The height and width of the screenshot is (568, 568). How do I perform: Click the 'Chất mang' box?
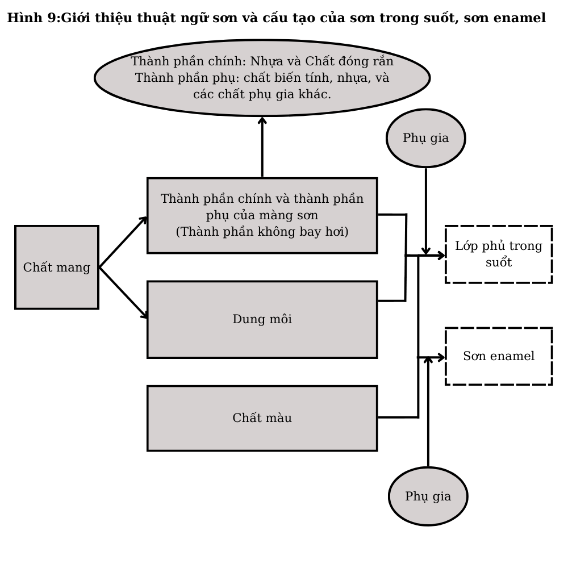[x=57, y=267]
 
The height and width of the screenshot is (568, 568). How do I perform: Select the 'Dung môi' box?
[x=262, y=319]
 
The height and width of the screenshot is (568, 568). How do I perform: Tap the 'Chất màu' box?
[x=262, y=418]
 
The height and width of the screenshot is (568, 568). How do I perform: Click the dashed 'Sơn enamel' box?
[x=498, y=356]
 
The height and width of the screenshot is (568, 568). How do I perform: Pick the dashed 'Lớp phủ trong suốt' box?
[x=498, y=254]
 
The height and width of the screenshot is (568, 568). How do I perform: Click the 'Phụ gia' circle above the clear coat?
[x=425, y=138]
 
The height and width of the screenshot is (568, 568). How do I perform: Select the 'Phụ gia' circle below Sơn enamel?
[x=428, y=496]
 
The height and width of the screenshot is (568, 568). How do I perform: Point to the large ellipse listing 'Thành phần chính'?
[x=262, y=78]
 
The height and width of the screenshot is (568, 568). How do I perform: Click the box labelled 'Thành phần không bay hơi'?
[x=262, y=215]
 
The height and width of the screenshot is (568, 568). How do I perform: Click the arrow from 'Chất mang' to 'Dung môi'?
[x=123, y=293]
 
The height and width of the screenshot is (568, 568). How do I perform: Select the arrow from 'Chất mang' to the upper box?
[x=123, y=242]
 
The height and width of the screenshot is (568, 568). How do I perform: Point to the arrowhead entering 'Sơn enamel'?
[x=441, y=357]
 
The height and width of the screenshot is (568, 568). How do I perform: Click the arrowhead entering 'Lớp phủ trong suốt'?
[x=441, y=256]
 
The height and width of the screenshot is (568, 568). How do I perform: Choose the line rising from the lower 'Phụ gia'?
[x=428, y=415]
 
